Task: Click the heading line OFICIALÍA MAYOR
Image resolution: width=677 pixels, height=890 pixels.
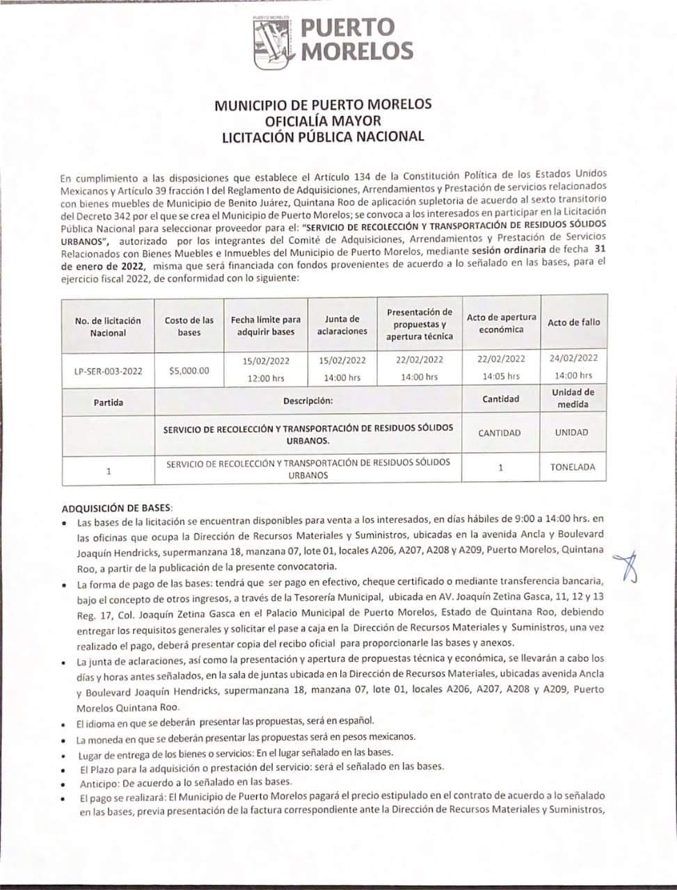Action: click(323, 120)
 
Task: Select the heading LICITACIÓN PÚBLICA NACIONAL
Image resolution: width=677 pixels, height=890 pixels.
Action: click(323, 136)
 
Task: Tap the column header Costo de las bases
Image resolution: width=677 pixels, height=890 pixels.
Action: click(189, 326)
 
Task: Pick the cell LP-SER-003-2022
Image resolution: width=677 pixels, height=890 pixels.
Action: click(108, 371)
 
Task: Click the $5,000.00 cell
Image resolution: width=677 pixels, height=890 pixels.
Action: click(189, 371)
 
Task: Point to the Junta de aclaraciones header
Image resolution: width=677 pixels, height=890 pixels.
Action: click(342, 325)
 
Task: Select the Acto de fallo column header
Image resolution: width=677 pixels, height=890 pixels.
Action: click(573, 322)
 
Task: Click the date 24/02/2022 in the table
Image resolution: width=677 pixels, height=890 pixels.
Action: click(573, 359)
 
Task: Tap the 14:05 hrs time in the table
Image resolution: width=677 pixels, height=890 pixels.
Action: click(501, 376)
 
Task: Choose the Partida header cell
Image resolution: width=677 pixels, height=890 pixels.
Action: click(108, 402)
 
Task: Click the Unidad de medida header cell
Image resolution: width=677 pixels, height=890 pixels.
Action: click(573, 398)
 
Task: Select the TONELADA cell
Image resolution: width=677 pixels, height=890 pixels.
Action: click(573, 467)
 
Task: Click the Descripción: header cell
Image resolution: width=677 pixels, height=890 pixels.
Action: click(308, 401)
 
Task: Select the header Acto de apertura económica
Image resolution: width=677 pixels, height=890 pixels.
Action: click(501, 323)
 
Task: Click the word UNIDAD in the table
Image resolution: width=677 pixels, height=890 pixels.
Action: click(572, 432)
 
